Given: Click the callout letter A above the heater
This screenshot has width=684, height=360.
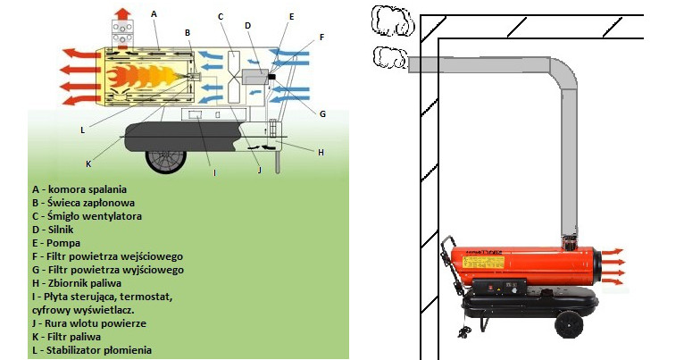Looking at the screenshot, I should pos(154,13).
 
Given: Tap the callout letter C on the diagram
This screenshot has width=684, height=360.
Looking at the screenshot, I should pos(220,15).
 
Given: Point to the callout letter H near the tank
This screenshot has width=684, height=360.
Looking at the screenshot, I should pos(320,152).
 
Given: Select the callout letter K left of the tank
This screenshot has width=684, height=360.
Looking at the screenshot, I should pos(88,163).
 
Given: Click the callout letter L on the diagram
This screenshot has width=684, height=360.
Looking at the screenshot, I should pos(82,130).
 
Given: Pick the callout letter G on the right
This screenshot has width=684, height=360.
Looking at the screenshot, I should pos(321,113).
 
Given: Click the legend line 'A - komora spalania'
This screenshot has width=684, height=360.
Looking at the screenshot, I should pos(79,189).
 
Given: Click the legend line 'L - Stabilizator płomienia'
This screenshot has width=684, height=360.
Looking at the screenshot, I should pos(91,350).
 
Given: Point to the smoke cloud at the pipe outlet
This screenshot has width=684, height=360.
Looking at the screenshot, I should pos(389,60).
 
